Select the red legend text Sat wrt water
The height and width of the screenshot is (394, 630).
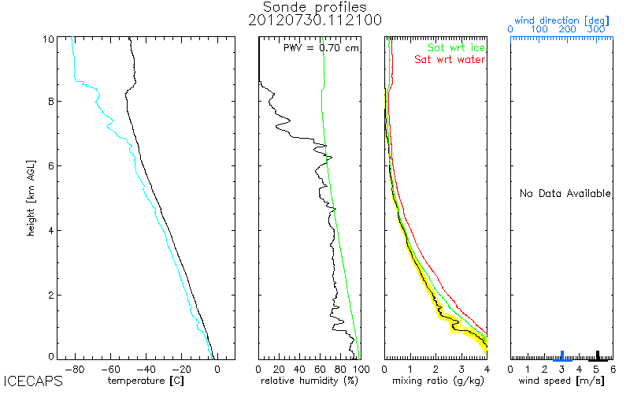(450, 59)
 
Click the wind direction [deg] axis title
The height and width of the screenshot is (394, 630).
(561, 18)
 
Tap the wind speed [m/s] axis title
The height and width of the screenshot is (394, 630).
(561, 381)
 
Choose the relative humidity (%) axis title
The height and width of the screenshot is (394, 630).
(309, 381)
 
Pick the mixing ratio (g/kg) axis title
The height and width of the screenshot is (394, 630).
(435, 381)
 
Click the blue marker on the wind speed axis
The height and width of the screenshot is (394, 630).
(561, 355)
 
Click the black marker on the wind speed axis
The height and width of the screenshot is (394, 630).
(597, 355)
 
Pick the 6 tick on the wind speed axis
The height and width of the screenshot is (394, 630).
(613, 368)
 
